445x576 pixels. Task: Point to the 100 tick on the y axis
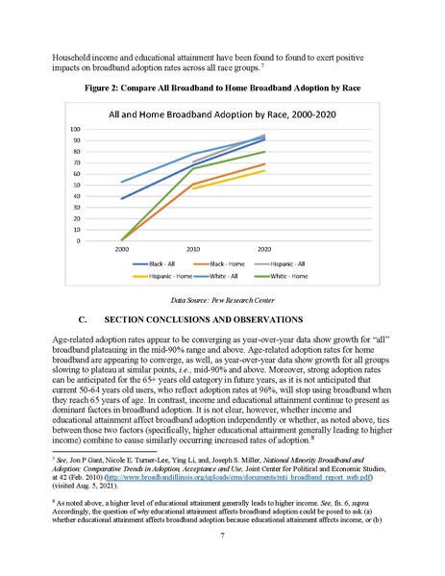[x=103, y=129]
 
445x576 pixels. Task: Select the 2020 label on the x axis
[x=264, y=248]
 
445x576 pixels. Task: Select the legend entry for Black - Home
[x=227, y=262]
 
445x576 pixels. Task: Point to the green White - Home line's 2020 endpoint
[x=265, y=152]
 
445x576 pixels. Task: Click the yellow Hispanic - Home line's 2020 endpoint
[x=265, y=170]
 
